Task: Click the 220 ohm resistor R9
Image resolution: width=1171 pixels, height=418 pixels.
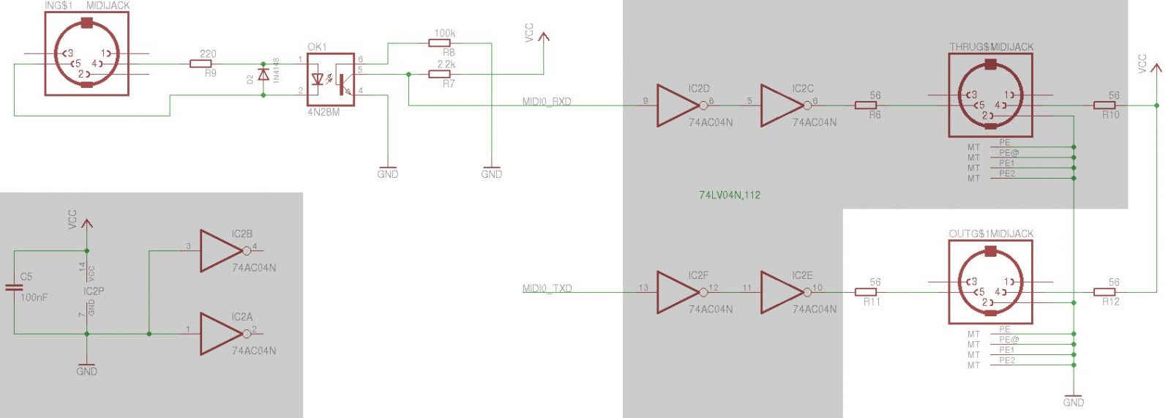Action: (201, 64)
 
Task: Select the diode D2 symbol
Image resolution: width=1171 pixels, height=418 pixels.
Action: (263, 75)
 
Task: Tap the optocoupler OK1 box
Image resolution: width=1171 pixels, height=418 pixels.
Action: (331, 79)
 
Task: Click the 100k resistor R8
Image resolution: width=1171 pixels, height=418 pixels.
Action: (439, 43)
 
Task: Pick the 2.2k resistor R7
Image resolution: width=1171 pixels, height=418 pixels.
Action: (439, 74)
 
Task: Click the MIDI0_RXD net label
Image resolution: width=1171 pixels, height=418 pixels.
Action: (547, 102)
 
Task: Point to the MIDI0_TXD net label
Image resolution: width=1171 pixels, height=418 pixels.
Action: (547, 288)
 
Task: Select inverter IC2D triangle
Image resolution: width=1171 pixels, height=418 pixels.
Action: (676, 105)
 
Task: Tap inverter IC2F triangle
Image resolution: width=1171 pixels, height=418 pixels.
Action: (676, 292)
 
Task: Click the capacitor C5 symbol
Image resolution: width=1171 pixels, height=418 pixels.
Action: (14, 287)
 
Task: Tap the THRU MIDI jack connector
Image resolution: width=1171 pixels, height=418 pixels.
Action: (990, 95)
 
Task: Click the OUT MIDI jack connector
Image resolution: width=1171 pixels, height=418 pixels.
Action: (990, 282)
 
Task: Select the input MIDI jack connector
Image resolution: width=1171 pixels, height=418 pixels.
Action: (86, 53)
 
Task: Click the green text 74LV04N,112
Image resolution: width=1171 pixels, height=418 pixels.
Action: (729, 195)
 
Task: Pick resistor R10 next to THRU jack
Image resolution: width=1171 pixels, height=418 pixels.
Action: (1104, 105)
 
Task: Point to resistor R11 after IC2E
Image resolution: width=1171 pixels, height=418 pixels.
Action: (866, 292)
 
